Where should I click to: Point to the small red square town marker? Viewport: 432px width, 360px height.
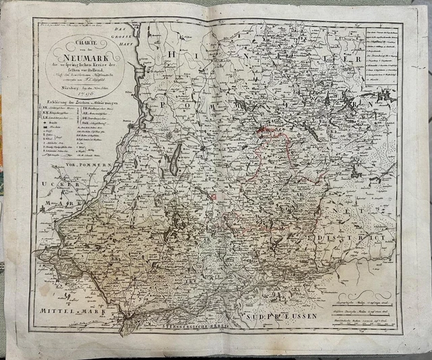(x=213, y=197)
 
